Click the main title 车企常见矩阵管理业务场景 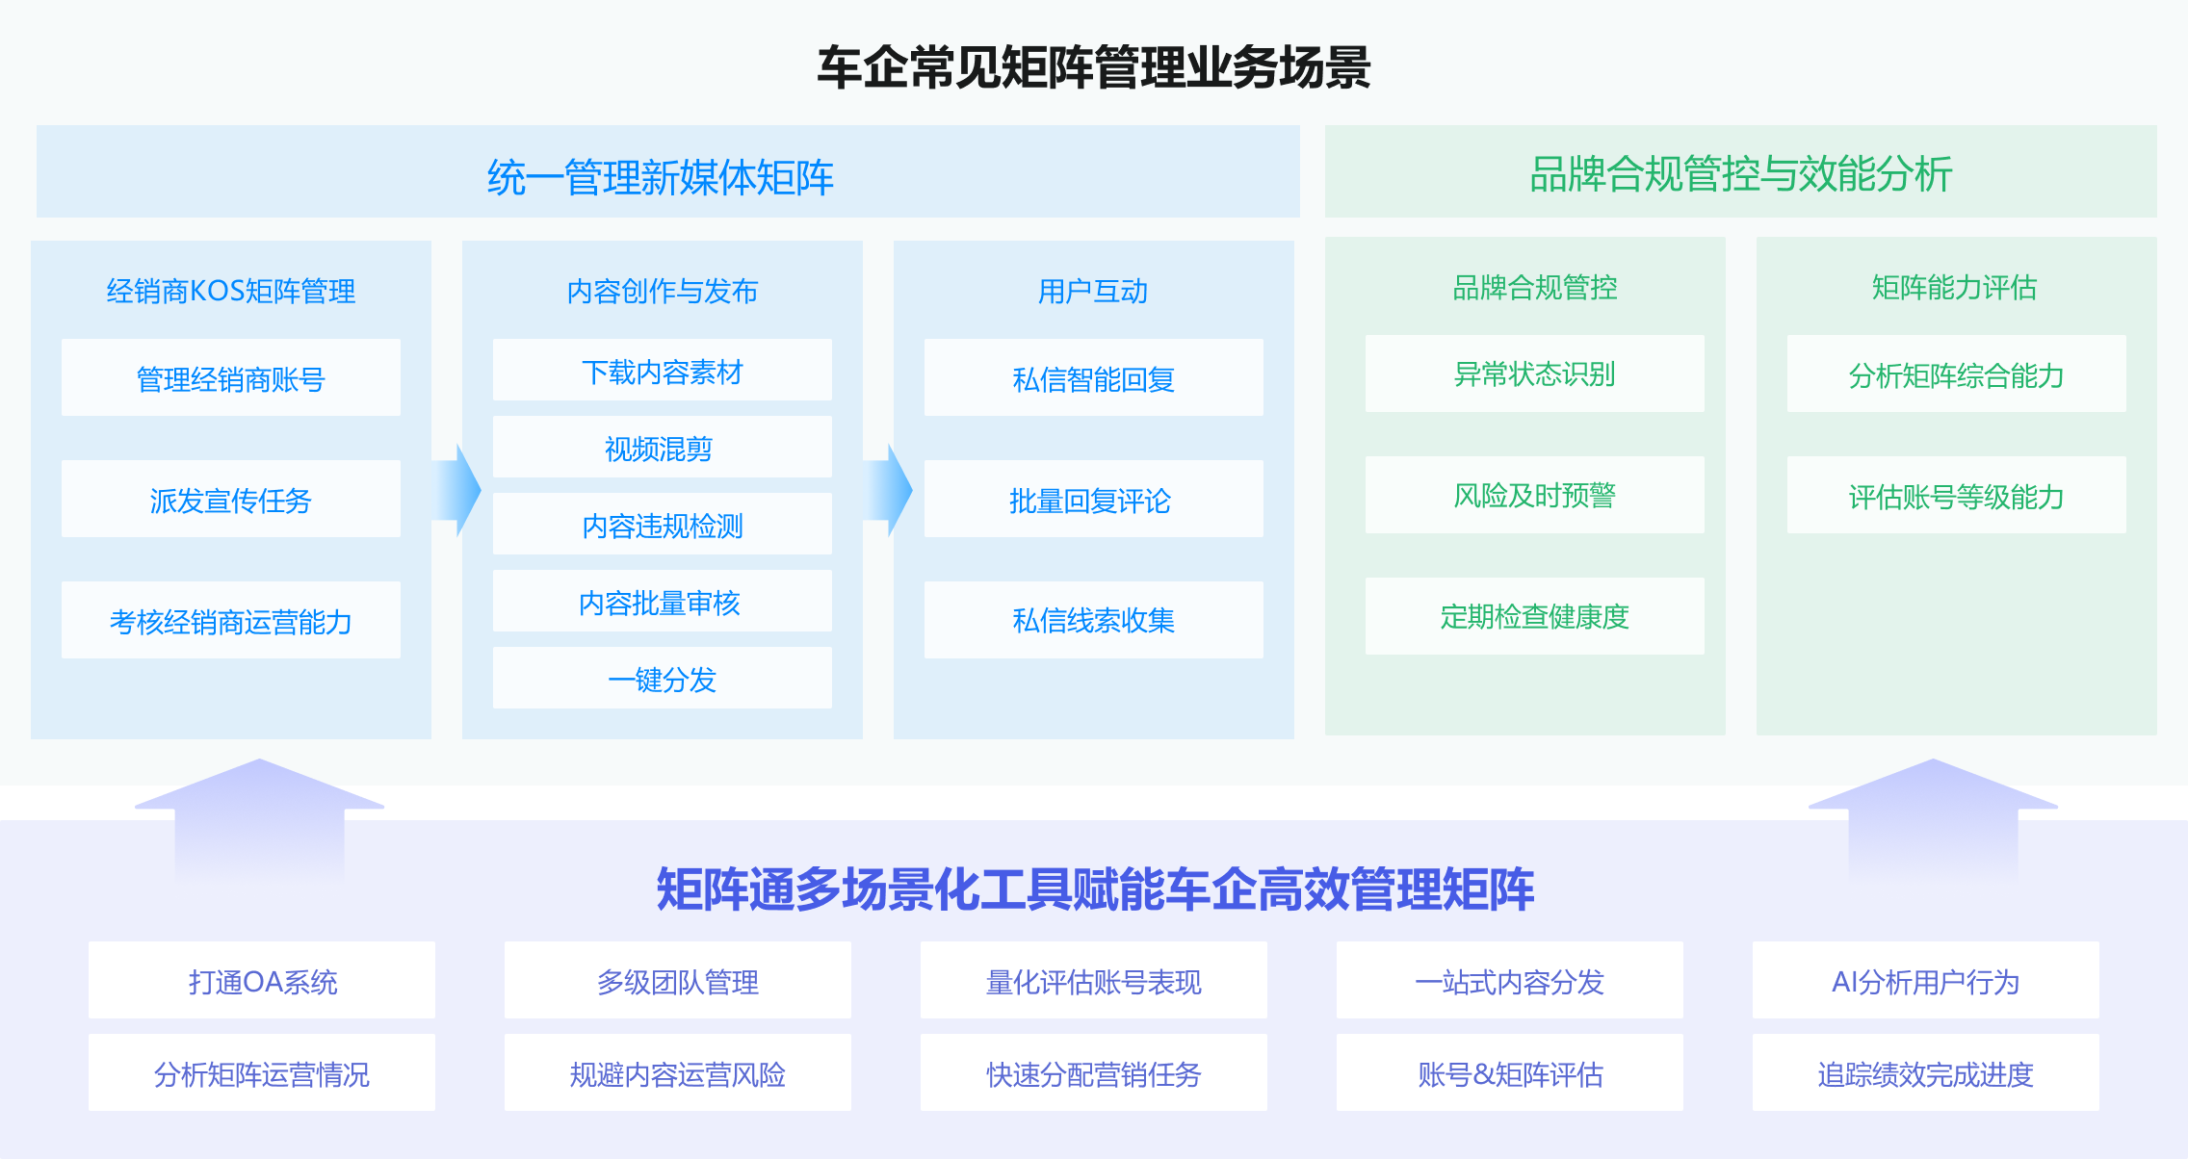(1093, 67)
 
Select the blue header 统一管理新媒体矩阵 (661, 176)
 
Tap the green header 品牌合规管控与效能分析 (1740, 174)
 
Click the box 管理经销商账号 (231, 378)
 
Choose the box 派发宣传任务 (231, 500)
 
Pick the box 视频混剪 (662, 448)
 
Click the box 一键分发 (662, 679)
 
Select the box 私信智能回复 (1093, 378)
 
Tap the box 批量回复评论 (1093, 500)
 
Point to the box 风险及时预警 (1534, 496)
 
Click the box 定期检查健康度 (1534, 616)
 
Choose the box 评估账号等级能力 (1956, 496)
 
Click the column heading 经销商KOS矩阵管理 (231, 291)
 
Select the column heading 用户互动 (1093, 291)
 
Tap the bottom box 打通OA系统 (262, 981)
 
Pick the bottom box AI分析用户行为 (1925, 981)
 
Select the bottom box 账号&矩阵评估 (1509, 1073)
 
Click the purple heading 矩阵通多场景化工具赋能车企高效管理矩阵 (1094, 889)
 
